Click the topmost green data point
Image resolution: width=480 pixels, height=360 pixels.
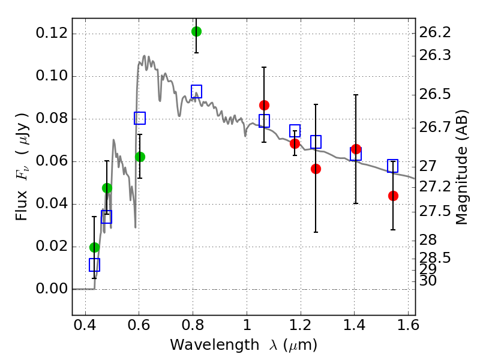(196, 31)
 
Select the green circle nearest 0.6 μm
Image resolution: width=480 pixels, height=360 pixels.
(140, 157)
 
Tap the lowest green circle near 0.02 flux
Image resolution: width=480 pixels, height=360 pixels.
(94, 247)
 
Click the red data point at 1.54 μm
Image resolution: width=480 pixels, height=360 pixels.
(393, 196)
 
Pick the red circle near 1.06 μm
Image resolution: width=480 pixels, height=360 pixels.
(264, 105)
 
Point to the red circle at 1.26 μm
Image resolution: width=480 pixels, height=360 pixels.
(316, 169)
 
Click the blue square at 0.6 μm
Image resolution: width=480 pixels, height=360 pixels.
(140, 118)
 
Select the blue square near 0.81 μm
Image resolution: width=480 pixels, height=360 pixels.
(196, 92)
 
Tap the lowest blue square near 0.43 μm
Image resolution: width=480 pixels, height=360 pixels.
(94, 265)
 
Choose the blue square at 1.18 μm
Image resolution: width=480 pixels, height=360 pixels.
(295, 131)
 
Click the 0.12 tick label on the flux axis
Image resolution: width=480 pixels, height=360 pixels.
(51, 34)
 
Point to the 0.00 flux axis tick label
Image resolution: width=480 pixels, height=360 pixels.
(51, 289)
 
